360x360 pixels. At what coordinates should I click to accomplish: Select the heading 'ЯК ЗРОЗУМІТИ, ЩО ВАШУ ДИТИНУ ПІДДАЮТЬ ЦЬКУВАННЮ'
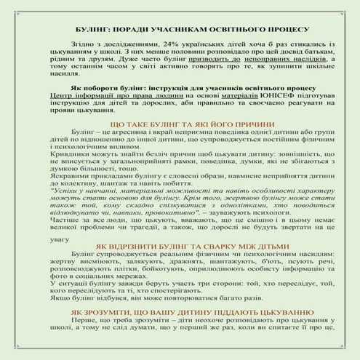click(179, 352)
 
